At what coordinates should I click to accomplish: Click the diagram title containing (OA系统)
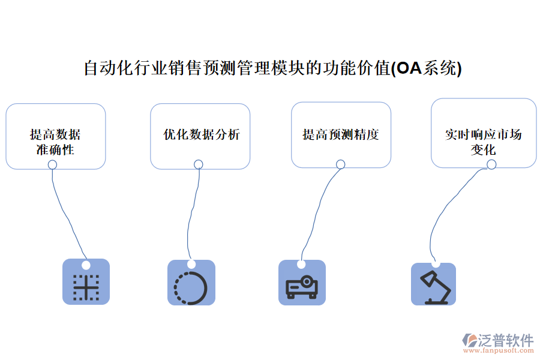272,68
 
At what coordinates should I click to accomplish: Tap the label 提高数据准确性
55,142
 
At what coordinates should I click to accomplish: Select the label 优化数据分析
202,134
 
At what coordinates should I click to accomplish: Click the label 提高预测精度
341,134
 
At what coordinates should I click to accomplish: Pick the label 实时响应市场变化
483,142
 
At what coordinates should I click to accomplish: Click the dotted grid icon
86,286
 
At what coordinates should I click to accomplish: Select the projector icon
302,286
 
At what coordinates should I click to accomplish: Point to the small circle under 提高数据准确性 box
53,164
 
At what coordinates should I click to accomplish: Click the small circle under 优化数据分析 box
198,164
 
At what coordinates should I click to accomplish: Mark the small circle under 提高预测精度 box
340,164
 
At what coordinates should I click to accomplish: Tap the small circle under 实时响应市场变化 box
491,164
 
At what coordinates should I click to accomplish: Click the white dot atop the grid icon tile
86,265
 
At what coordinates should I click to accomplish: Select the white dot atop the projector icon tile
301,263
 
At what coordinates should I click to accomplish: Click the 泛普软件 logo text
505,340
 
